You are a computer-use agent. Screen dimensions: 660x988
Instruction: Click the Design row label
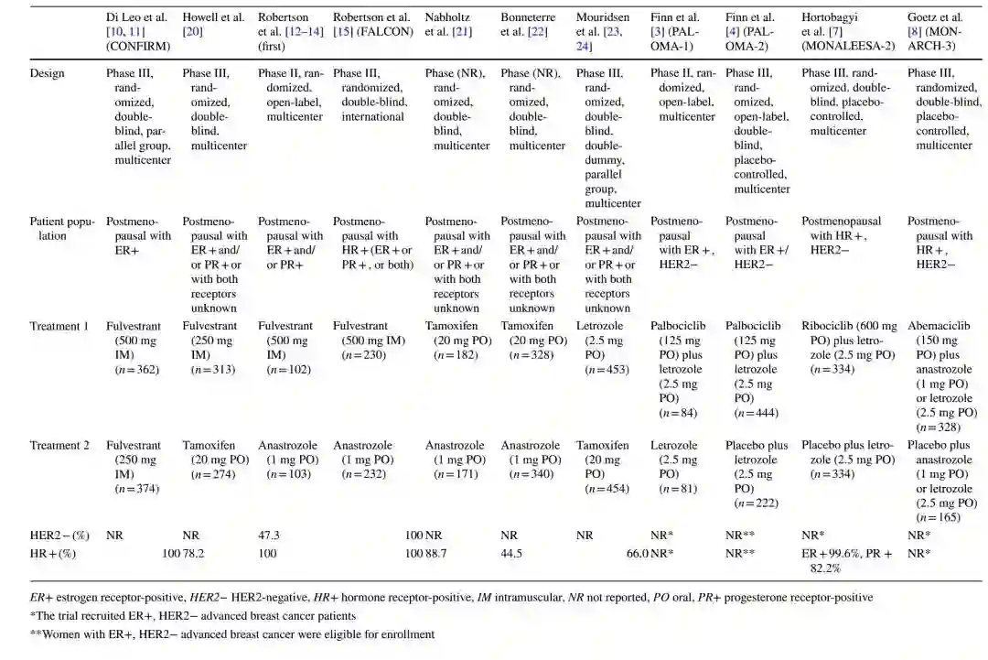[48, 73]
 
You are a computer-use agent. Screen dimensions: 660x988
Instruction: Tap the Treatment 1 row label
[59, 326]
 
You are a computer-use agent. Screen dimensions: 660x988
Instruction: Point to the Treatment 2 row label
[59, 446]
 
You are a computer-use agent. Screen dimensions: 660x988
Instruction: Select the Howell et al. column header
[213, 25]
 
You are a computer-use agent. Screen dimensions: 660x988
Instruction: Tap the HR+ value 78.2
[195, 553]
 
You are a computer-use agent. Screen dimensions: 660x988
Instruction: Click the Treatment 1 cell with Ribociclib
[847, 348]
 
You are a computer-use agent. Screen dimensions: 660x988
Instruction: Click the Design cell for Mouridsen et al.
[604, 138]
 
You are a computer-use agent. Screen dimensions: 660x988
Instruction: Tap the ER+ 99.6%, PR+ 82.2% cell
[847, 560]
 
